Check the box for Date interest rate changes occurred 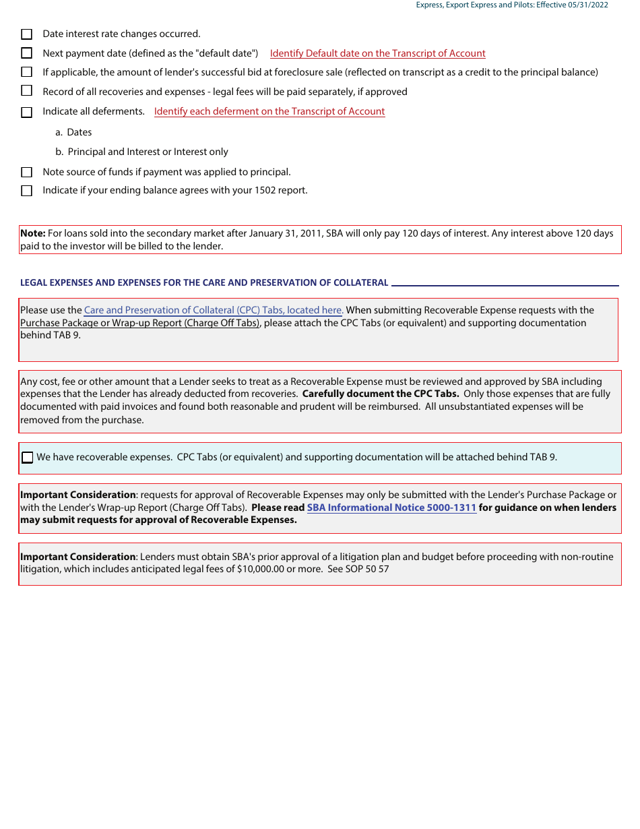tap(27, 34)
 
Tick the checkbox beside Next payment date tap(27, 53)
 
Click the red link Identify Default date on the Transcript tap(377, 53)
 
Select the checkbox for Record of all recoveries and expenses tap(27, 91)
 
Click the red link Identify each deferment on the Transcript tap(269, 111)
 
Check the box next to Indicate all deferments tap(27, 112)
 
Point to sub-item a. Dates tap(74, 132)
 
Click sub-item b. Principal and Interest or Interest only tap(142, 152)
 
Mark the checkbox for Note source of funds tap(27, 172)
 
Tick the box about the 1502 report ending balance tap(27, 191)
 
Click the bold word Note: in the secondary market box tap(32, 233)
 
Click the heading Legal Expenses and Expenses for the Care tap(204, 283)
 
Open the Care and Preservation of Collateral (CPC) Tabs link tap(214, 310)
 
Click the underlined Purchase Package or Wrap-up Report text tap(139, 323)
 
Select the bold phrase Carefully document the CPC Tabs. tap(381, 394)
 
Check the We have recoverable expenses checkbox tap(28, 458)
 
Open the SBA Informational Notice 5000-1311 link tap(391, 508)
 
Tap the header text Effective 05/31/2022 tap(572, 5)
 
